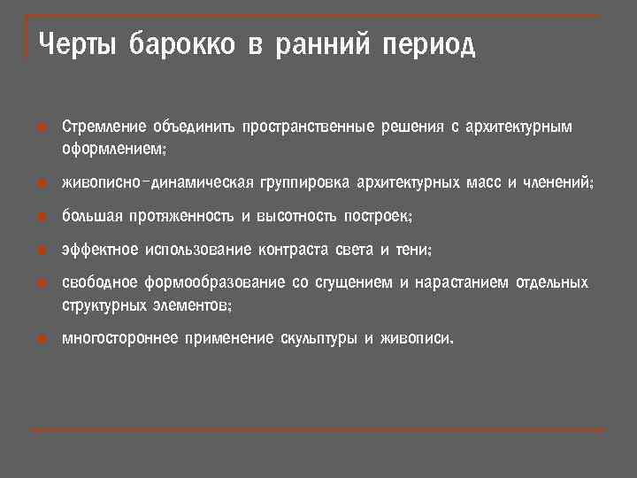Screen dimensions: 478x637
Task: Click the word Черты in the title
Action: pos(77,44)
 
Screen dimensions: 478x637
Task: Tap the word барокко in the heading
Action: pos(181,44)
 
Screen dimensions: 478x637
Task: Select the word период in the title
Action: pos(429,44)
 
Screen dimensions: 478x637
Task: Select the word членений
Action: pos(557,182)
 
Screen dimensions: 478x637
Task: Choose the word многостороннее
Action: pos(119,338)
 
